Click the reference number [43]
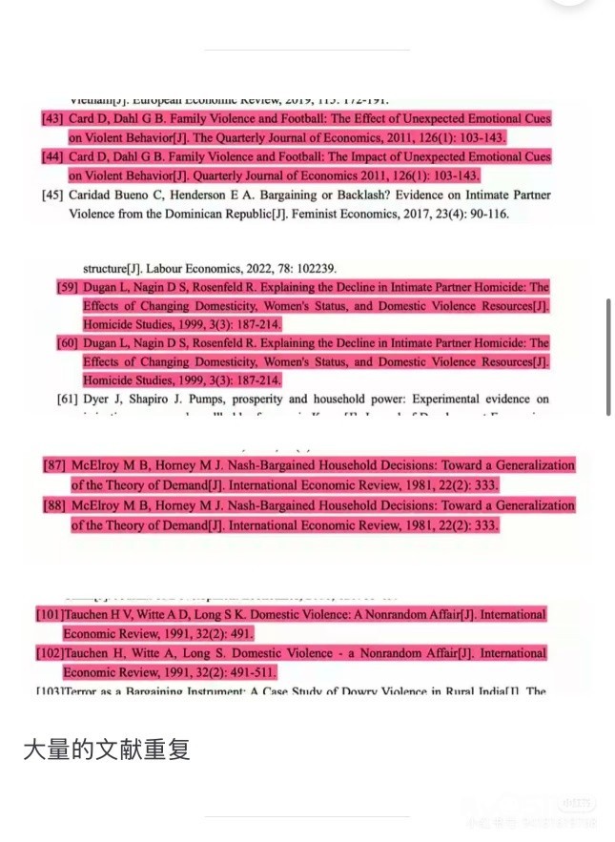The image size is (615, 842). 52,119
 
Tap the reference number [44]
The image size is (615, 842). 52,156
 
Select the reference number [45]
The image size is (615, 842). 52,195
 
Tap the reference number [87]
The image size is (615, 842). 54,465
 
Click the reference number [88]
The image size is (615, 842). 54,505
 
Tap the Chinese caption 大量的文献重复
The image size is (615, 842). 107,749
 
